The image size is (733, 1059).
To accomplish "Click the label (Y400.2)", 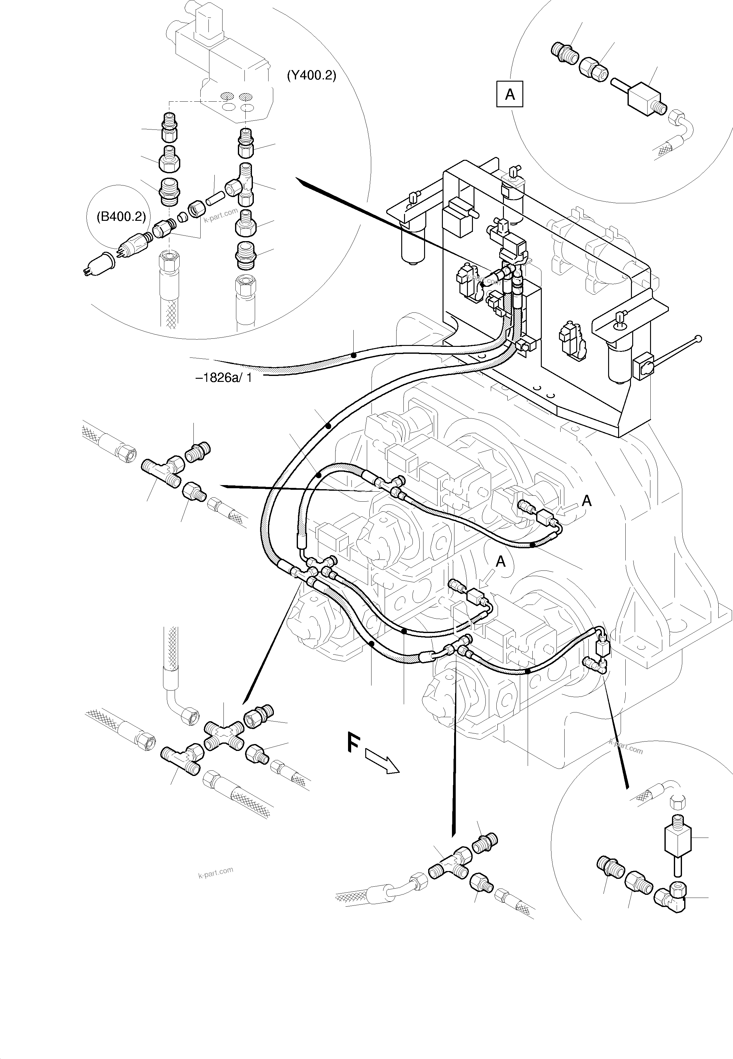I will coord(311,75).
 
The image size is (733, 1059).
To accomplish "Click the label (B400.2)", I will coord(121,216).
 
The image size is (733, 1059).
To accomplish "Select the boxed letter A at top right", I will coord(510,94).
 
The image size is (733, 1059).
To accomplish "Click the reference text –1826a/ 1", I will coord(224,377).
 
